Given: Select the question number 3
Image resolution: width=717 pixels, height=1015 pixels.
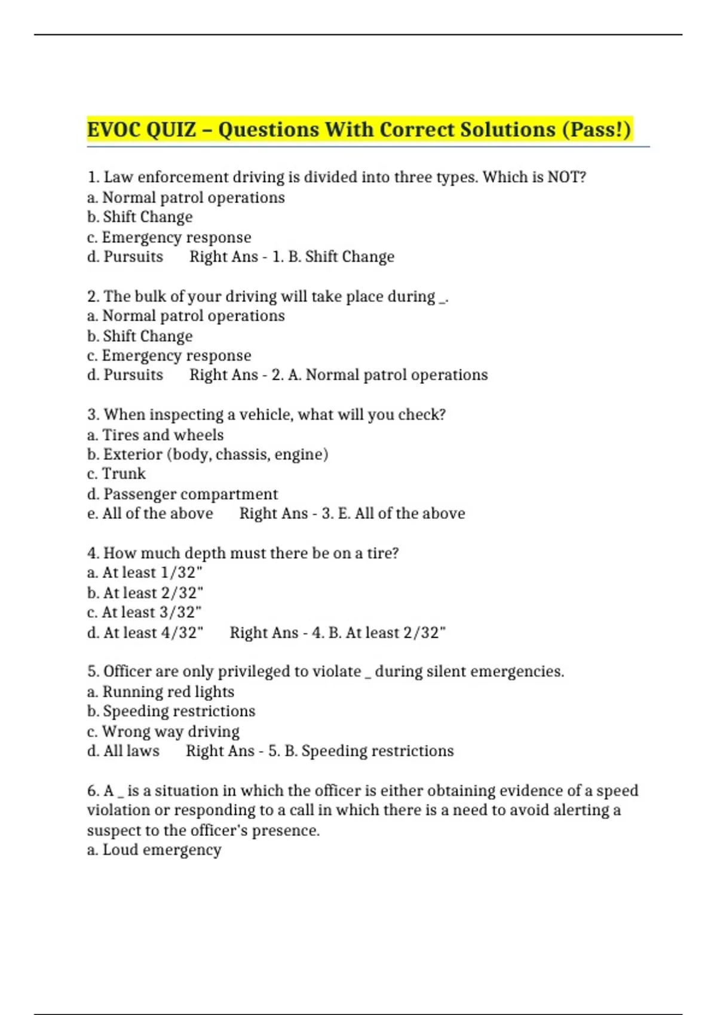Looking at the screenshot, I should pos(93,415).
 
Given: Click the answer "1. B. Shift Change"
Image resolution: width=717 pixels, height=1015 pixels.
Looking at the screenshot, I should pos(333,257).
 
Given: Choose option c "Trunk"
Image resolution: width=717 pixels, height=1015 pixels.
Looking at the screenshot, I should pos(117,474).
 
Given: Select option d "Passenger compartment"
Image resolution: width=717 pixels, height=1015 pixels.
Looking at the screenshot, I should pos(182,494).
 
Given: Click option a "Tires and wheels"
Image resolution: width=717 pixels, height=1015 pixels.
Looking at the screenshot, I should pos(155,435).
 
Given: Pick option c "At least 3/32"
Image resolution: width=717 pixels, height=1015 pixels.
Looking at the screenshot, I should pos(145,613).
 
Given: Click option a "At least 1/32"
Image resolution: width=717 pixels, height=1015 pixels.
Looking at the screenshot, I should pos(145,573).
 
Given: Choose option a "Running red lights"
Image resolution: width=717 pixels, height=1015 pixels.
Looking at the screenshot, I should pos(161,692).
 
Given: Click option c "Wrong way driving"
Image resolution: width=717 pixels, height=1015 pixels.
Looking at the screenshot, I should pos(163,731).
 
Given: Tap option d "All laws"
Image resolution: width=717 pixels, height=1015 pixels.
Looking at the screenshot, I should pos(124,751).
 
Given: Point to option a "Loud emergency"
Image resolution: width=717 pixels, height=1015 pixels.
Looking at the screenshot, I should pos(154,850).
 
